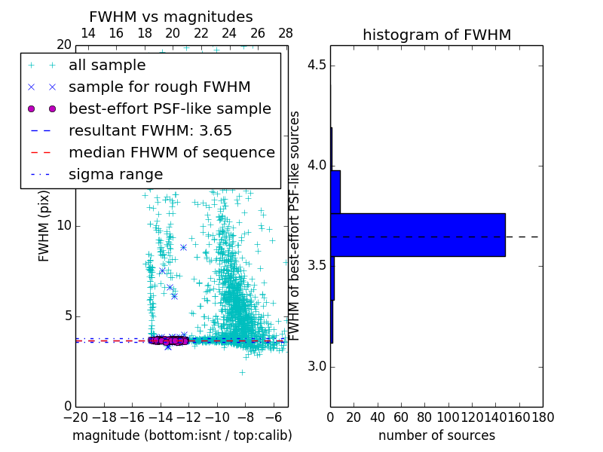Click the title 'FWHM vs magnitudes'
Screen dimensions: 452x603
[x=170, y=17]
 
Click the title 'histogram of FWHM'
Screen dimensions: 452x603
[x=436, y=35]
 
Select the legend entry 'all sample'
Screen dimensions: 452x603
[x=107, y=66]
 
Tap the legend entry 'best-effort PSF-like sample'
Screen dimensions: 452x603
[x=170, y=108]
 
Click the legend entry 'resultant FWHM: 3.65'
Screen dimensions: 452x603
[x=150, y=130]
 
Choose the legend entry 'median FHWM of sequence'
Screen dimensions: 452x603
[x=171, y=152]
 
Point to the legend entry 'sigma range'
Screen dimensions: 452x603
[x=115, y=174]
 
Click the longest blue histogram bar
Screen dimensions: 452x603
[x=418, y=235]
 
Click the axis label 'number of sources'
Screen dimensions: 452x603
[x=436, y=435]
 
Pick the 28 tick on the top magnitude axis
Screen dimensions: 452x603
[x=286, y=33]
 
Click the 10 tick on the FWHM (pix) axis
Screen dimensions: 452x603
[x=63, y=226]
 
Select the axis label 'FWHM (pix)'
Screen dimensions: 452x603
[x=44, y=226]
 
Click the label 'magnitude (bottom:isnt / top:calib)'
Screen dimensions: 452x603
[x=182, y=435]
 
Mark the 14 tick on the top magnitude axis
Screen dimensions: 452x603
[x=87, y=33]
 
